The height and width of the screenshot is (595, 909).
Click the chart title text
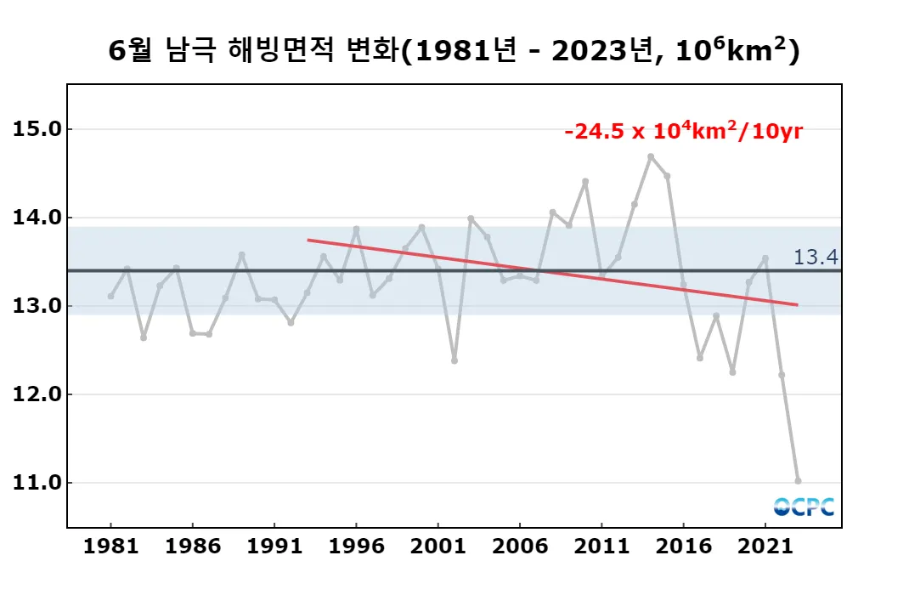[x=454, y=51]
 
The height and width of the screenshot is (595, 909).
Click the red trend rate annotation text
[x=684, y=133]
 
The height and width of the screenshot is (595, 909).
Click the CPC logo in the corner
[x=804, y=507]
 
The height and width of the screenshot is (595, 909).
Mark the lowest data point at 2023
[x=798, y=481]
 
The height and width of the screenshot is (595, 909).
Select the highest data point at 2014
[x=651, y=156]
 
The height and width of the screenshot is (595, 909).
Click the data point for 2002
[x=454, y=360]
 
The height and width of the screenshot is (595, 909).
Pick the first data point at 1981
[x=110, y=296]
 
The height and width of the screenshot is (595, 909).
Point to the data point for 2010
[x=585, y=181]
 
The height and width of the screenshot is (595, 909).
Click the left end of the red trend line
[x=308, y=240]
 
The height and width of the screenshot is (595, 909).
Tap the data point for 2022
[x=782, y=375]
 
